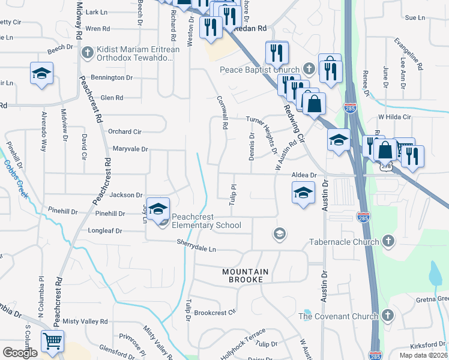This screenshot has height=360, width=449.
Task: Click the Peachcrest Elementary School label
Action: [x=206, y=221]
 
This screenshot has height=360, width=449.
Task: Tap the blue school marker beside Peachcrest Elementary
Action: [x=158, y=209]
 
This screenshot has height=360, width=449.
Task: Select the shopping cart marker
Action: [x=53, y=342]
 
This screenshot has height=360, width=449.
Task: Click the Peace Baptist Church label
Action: [x=260, y=70]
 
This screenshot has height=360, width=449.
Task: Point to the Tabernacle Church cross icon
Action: [x=388, y=242]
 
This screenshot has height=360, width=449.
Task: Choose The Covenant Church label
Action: [x=339, y=316]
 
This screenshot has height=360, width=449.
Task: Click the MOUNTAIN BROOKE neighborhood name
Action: [x=246, y=276]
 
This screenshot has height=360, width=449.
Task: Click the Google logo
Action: [x=20, y=353]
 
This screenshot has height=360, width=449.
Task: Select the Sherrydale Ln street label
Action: [x=196, y=245]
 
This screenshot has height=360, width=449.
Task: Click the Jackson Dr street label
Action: [x=126, y=195]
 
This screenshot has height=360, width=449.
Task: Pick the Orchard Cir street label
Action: [x=124, y=131]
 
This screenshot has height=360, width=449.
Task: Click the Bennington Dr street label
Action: [x=112, y=78]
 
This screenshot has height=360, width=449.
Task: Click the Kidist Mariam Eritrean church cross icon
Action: [x=88, y=52]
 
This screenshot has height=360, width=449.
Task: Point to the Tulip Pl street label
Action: [x=231, y=194]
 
